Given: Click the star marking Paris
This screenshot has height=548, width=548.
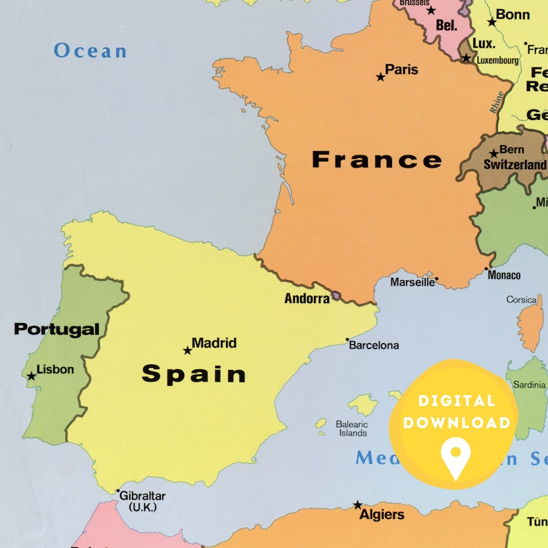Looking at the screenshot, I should (x=380, y=77).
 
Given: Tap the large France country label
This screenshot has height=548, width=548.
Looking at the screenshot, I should (x=377, y=159).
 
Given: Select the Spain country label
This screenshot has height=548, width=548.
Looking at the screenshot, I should (x=194, y=373).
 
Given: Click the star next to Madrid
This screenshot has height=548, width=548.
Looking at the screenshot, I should (x=187, y=351).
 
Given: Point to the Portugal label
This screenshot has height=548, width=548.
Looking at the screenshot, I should (x=57, y=329).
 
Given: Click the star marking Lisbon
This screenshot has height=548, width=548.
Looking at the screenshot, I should (x=31, y=376).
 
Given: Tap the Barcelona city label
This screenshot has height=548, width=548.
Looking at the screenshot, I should (x=373, y=345).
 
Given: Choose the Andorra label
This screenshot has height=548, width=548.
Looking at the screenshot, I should (x=307, y=299).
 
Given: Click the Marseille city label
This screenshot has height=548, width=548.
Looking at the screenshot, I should (x=413, y=282).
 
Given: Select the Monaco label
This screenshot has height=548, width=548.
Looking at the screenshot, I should (x=504, y=275).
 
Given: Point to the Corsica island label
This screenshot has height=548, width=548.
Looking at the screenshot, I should (x=521, y=300).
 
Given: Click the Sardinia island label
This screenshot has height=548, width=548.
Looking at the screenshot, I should (x=528, y=385).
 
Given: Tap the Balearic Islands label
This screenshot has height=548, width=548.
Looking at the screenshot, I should (x=351, y=429).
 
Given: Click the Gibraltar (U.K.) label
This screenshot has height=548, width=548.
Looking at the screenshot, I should (x=143, y=500).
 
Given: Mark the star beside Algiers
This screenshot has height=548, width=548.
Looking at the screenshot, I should (x=358, y=505).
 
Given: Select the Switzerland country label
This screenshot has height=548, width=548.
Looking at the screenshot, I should (x=514, y=165).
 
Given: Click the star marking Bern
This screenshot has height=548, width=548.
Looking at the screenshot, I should (x=493, y=154).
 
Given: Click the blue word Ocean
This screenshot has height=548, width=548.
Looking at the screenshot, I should (x=90, y=50).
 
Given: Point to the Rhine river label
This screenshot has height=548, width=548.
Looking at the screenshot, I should (x=496, y=102).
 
